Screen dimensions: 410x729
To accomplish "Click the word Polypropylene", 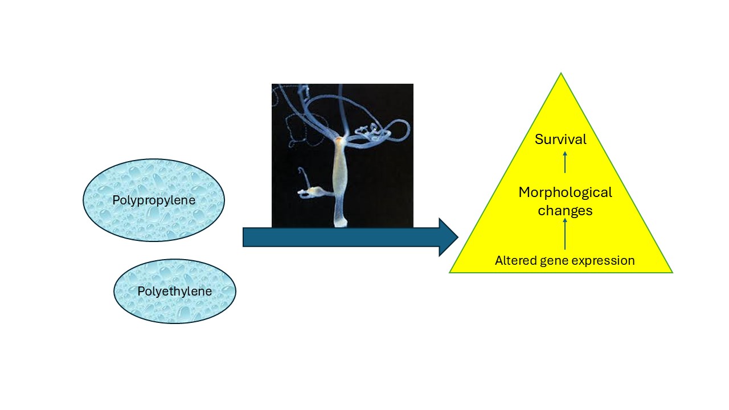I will tap(154, 200).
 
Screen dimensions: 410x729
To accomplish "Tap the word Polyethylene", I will tap(174, 292).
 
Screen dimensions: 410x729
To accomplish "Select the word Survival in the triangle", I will tap(560, 139).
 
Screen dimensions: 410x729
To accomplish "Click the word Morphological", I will tap(565, 192).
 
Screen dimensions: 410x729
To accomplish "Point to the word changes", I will tap(565, 211).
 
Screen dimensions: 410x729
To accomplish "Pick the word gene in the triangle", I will tap(552, 261).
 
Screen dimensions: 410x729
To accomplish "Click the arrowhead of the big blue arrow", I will tap(448, 237).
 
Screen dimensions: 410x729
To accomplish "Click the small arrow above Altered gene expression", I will tap(565, 233).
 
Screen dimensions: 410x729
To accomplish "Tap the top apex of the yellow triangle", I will tap(561, 74).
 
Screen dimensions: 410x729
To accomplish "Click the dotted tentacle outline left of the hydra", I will tap(296, 122).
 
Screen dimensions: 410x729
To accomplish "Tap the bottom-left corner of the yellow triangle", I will tap(451, 272).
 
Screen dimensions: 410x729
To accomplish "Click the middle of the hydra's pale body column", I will tap(340, 177).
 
